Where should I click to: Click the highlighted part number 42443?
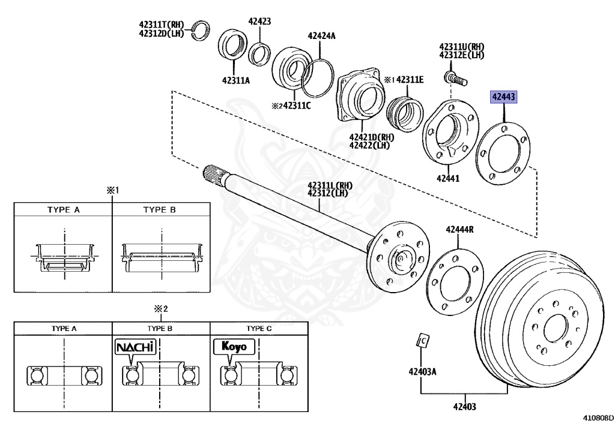tap(503, 97)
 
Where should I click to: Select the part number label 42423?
tap(259, 22)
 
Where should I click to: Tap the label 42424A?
tap(321, 36)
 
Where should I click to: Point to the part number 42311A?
tap(235, 80)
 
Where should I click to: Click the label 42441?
tap(447, 178)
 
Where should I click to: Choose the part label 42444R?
tap(459, 229)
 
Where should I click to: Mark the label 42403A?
tap(422, 371)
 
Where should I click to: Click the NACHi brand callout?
tap(135, 347)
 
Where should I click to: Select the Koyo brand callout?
tap(234, 347)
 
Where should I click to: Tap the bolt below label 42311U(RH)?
tap(453, 78)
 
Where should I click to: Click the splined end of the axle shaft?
tap(214, 173)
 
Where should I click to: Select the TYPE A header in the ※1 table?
tap(64, 210)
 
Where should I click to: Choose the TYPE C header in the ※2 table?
tap(259, 329)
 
